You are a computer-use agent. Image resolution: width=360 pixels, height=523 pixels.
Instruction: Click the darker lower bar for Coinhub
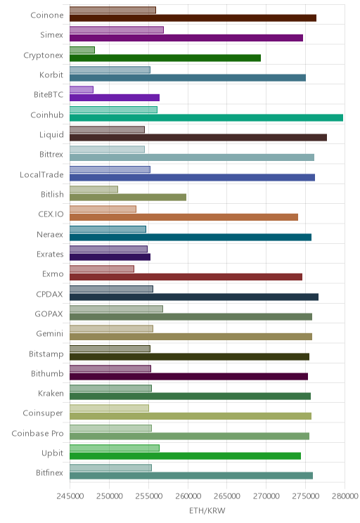(x=206, y=117)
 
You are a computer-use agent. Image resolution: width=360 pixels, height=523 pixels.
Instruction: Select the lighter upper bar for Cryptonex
(x=82, y=50)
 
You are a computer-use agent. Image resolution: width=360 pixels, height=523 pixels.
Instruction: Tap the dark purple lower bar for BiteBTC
(x=115, y=98)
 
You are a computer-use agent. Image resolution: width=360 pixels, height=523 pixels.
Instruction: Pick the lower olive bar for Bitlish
(x=128, y=198)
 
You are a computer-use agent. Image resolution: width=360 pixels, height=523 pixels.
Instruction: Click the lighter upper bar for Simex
(x=117, y=30)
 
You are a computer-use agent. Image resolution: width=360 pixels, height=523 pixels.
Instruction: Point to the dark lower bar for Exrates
(x=110, y=257)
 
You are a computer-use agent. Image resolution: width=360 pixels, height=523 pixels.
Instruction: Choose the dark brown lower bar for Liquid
(x=198, y=137)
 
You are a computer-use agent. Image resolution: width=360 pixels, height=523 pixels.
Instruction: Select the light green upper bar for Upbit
(x=115, y=448)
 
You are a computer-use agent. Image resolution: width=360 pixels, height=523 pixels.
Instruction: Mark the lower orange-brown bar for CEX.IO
(x=184, y=217)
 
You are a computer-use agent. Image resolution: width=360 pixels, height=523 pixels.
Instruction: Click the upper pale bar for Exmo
(x=102, y=269)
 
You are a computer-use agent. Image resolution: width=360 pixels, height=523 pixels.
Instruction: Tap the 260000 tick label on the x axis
(x=188, y=496)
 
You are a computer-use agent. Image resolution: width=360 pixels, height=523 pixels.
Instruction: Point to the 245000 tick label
(x=70, y=496)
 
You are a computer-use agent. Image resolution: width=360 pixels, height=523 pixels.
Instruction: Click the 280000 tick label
(x=345, y=496)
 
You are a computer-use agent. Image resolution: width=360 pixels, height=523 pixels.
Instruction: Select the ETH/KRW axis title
(x=207, y=510)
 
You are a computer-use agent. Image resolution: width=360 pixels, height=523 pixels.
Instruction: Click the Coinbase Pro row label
(x=37, y=433)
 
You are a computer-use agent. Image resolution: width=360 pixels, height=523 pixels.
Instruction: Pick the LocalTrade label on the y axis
(x=41, y=175)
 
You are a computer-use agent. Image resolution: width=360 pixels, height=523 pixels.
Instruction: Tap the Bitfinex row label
(x=49, y=472)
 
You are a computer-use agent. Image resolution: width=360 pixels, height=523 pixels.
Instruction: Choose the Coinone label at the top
(x=46, y=15)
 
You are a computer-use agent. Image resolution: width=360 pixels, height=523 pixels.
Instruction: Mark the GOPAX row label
(x=49, y=314)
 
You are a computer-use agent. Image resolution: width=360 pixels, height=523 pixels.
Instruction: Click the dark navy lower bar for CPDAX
(x=194, y=297)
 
